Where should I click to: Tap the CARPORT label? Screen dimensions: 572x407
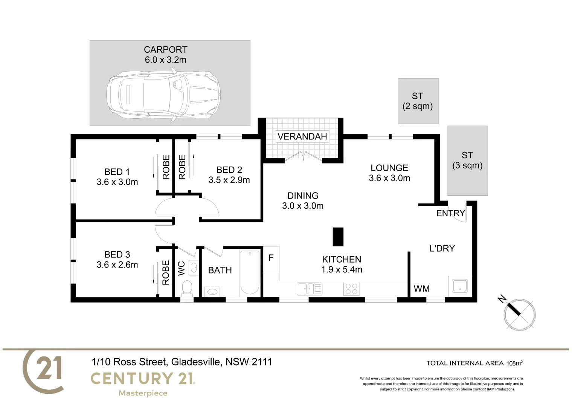point(165,49)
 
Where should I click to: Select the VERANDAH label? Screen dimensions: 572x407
point(302,136)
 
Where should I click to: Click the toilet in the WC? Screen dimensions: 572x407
point(187,289)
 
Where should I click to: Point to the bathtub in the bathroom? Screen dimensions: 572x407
point(249,272)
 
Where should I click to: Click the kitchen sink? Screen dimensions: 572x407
point(309,289)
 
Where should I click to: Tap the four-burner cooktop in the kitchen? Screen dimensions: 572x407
point(351,289)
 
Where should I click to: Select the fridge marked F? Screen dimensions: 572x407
point(271,259)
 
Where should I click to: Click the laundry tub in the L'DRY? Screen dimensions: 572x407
point(459,286)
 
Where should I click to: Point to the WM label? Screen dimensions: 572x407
point(421,289)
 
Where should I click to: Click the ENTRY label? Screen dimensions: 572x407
point(450,213)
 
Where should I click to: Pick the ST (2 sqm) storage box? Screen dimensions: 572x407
point(418,101)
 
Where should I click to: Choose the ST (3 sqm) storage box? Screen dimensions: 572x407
point(467,161)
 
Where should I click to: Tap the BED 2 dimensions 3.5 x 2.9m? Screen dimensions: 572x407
point(229,180)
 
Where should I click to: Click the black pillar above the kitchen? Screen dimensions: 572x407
point(338,237)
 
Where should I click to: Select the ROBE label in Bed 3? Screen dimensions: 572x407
point(166,272)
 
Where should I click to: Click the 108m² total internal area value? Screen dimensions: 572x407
point(514,363)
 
